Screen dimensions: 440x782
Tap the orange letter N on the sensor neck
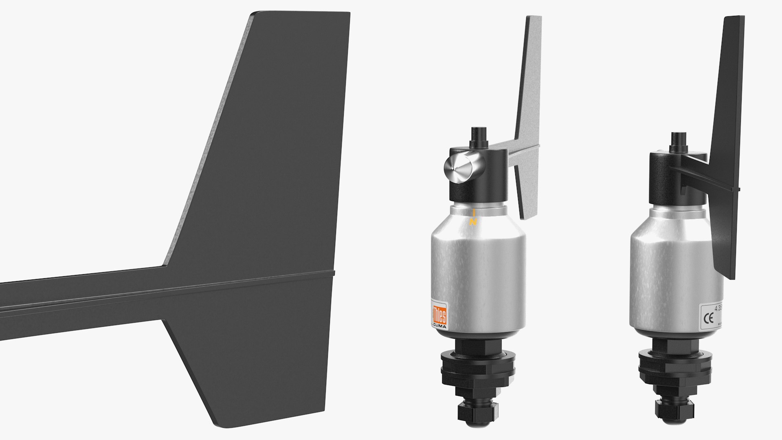tap(473, 222)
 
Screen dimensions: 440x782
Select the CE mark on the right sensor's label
tap(709, 317)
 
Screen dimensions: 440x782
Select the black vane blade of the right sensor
tap(729, 122)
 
